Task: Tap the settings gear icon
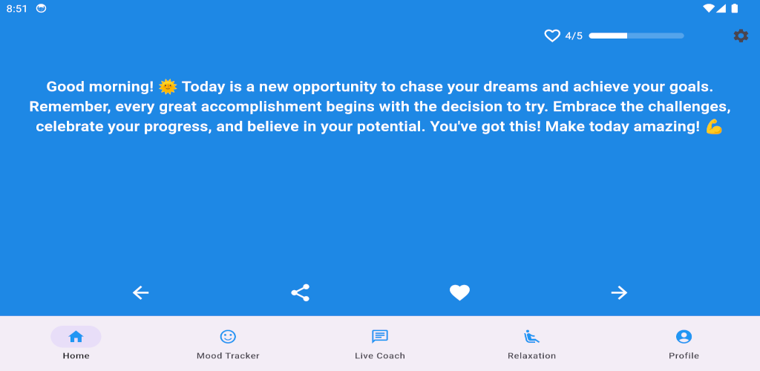pos(741,36)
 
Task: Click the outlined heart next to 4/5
pos(552,36)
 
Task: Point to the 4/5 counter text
pos(574,36)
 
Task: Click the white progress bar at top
pos(636,36)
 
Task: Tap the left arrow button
pos(140,292)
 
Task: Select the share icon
pos(300,292)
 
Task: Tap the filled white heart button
pos(459,292)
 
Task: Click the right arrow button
pos(619,292)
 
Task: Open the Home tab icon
pos(76,337)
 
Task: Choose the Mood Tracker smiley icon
pos(228,337)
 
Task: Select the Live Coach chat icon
pos(379,337)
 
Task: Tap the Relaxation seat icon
pos(531,337)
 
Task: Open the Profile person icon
pos(684,337)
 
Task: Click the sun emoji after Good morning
pos(168,87)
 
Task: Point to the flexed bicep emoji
pos(714,127)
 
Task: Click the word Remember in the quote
pos(71,107)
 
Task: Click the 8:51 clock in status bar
pos(17,9)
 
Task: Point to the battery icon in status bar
pos(735,8)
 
